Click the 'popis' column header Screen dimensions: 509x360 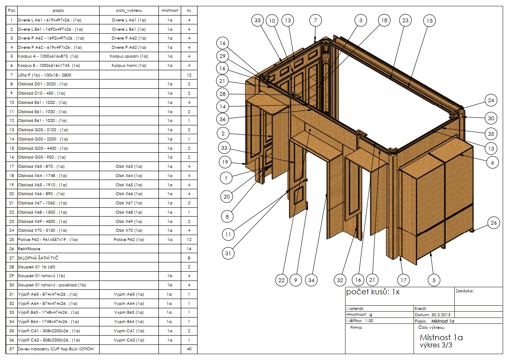coord(58,11)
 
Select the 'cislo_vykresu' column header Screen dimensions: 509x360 coord(129,11)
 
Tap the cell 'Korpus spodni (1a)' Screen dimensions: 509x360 coord(129,56)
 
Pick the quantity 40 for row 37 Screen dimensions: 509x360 coord(189,349)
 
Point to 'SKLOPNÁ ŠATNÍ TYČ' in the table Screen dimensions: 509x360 coord(38,258)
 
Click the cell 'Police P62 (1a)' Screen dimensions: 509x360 coord(129,239)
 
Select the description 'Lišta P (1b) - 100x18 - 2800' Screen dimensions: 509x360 coord(45,75)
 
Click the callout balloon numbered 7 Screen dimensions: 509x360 coord(315,21)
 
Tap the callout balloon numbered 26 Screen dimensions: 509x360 coord(493,222)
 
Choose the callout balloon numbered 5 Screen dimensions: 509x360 coord(434,280)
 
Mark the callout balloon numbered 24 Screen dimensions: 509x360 coord(491,100)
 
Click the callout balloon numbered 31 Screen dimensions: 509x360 coord(228,253)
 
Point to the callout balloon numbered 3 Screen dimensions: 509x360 coord(361,21)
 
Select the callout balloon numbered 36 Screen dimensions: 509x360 coord(222,119)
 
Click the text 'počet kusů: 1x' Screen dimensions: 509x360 coord(373,292)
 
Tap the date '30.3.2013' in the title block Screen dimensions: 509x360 coord(441,315)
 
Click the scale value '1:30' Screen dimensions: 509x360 coord(369,321)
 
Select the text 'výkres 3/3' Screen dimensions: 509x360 coord(436,345)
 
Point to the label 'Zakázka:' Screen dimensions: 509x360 coord(465,291)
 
